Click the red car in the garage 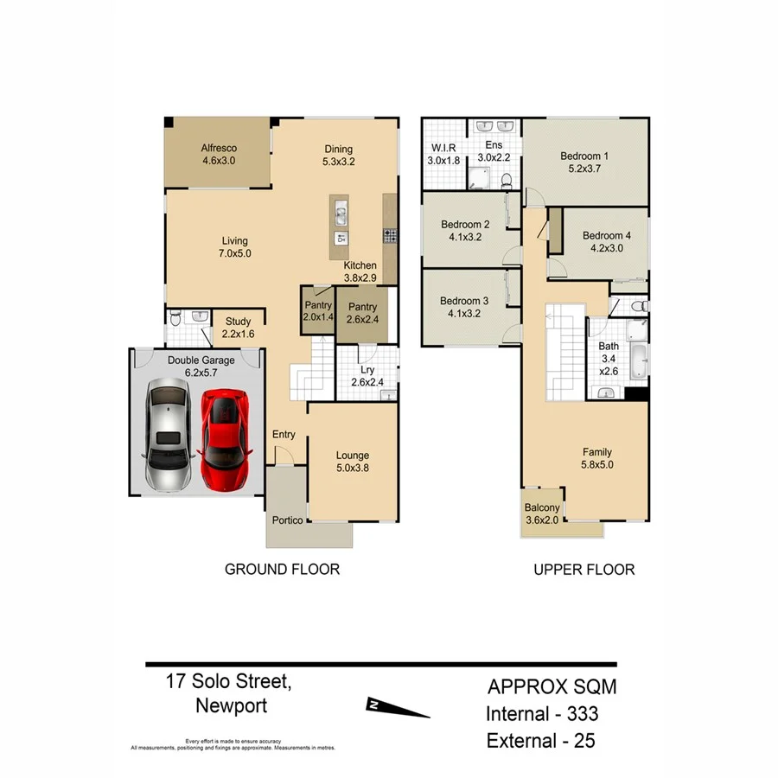225,437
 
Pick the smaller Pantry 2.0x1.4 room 316,312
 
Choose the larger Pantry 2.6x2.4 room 362,313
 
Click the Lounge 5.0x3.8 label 352,462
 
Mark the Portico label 286,520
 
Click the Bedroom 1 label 584,163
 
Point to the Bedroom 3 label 463,308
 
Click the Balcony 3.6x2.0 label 542,513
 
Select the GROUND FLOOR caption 282,569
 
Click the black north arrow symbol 398,708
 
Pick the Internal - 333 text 542,714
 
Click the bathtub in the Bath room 637,360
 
